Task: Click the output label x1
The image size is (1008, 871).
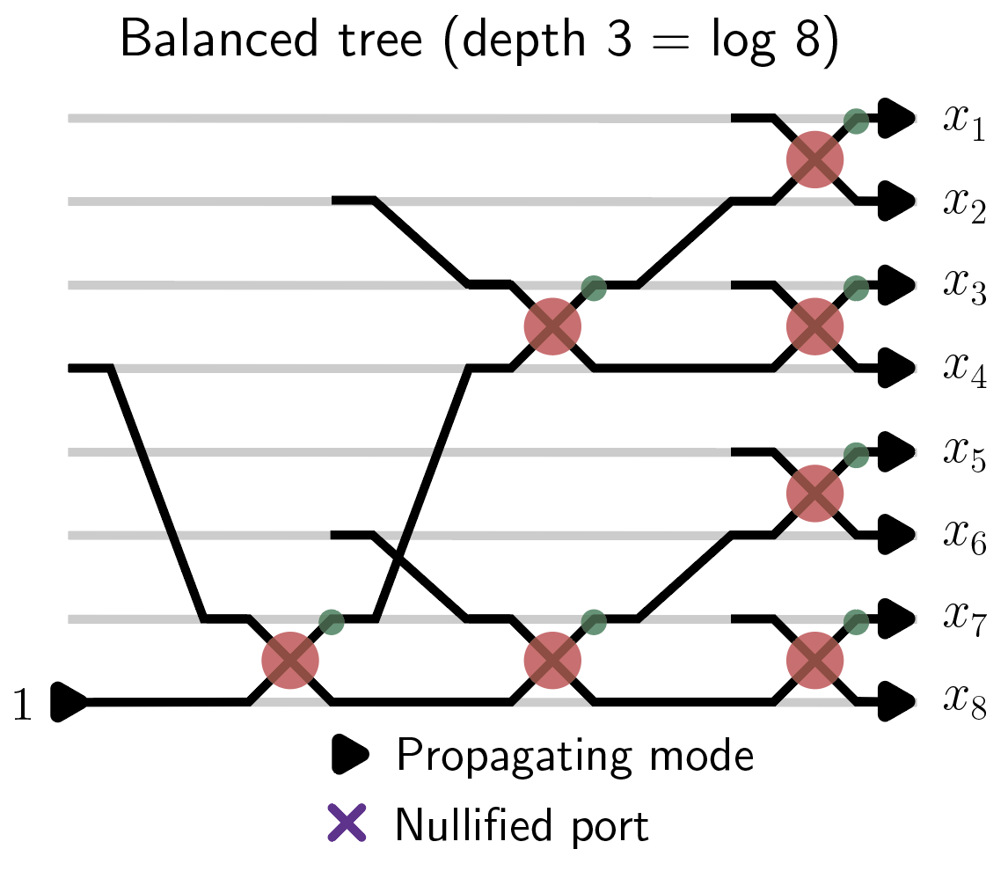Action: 965,121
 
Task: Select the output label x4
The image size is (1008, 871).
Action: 965,373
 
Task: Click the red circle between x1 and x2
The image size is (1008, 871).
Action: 814,159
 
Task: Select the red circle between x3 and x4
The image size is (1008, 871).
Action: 814,326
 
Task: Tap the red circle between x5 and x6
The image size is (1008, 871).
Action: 814,493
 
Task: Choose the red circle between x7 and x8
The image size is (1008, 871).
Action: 814,659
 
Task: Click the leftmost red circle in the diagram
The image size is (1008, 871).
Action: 290,659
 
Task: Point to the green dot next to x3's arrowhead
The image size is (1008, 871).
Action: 856,287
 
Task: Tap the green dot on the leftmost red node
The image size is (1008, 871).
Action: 331,622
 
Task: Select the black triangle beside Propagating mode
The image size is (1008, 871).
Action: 349,753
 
